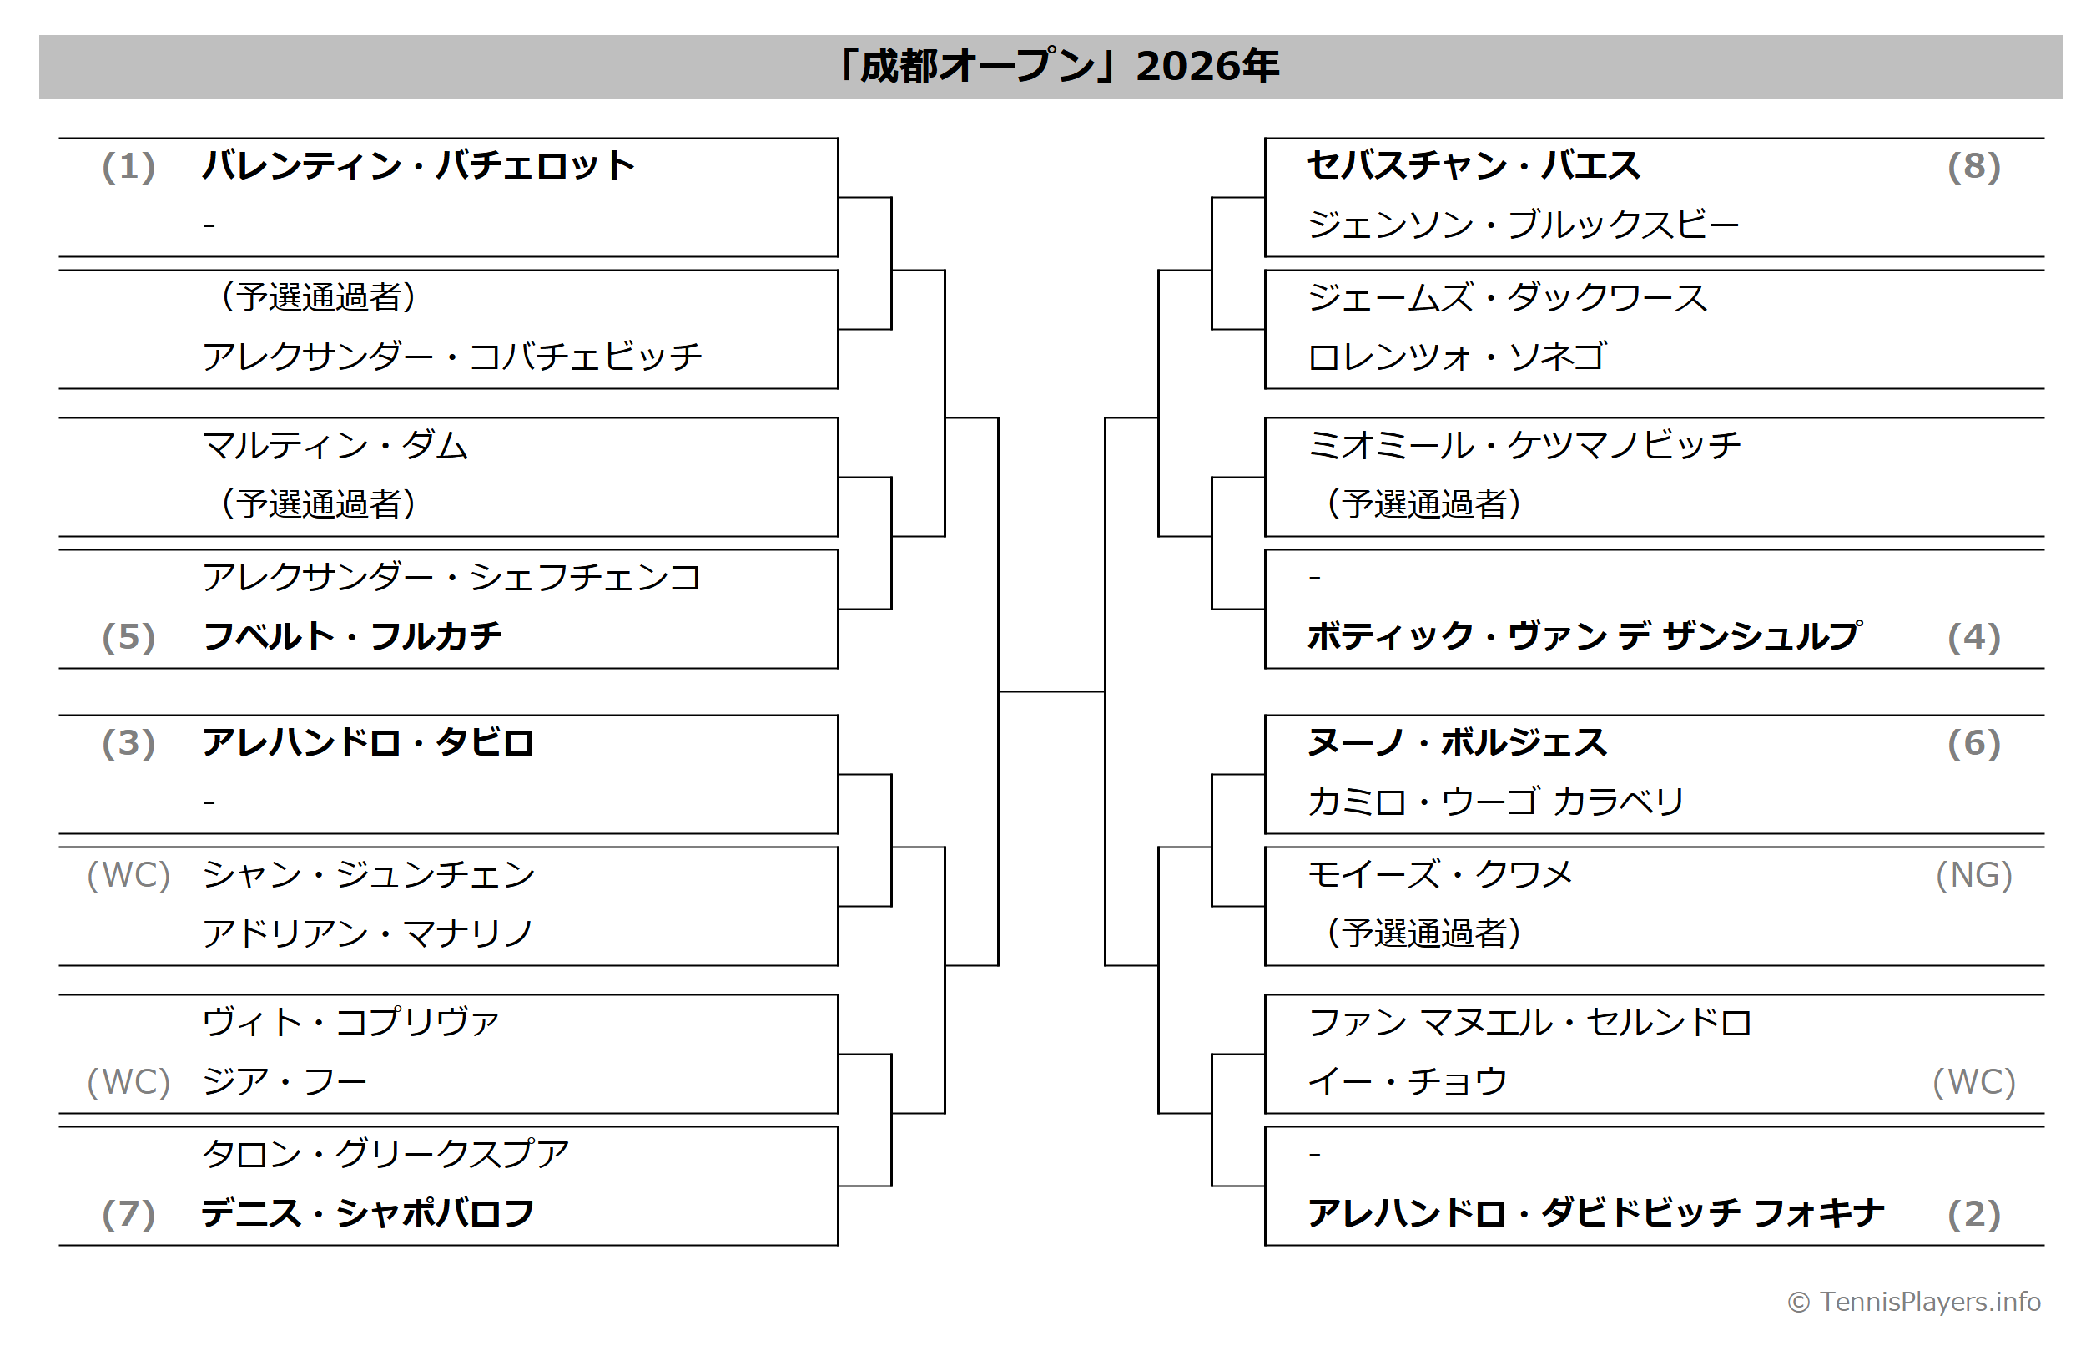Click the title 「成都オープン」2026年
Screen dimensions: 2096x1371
pos(1057,66)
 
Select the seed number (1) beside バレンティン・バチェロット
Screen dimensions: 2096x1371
pos(128,166)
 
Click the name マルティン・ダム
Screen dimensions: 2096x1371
pos(335,445)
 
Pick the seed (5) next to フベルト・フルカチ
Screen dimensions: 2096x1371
pos(128,637)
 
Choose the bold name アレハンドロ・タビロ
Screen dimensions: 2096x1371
pos(368,743)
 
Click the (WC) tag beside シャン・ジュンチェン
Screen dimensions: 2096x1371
pos(128,875)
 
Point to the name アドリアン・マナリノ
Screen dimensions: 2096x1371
pos(368,933)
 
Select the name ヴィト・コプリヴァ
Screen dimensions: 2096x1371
pos(351,1022)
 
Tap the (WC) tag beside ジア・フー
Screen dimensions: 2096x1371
pos(128,1082)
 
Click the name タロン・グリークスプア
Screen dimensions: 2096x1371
pos(385,1154)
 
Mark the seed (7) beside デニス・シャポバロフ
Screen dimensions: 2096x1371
pos(128,1214)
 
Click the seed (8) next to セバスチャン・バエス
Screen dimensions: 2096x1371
pos(1973,166)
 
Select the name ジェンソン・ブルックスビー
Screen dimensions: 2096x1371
pos(1524,225)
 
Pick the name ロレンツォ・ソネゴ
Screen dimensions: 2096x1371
pos(1458,357)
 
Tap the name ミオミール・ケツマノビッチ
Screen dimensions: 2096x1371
pos(1524,445)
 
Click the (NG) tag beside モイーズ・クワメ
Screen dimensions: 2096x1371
pos(1973,875)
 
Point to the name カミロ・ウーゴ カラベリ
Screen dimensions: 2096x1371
pos(1496,802)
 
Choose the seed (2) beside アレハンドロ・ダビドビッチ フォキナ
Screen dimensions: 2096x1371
pos(1973,1214)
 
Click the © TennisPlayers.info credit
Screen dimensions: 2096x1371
pos(1914,1302)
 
